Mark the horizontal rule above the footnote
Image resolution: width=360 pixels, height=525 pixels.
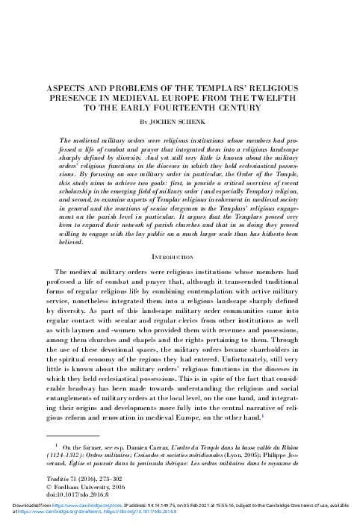(x=72, y=434)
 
